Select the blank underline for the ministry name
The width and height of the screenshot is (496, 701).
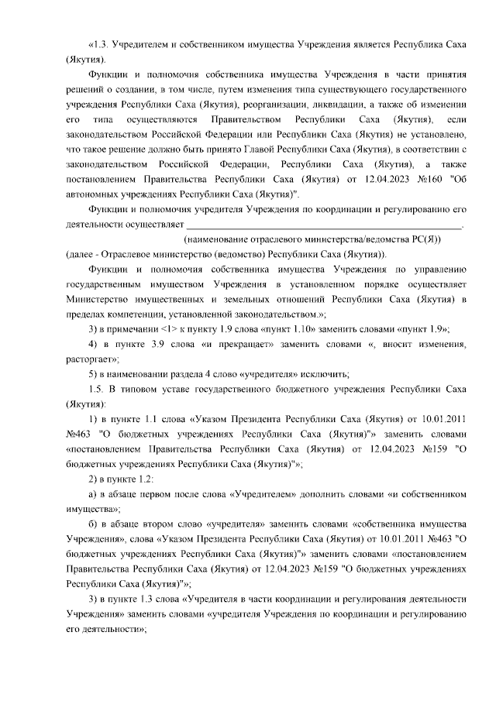325,225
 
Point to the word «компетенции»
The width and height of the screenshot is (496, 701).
135,314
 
